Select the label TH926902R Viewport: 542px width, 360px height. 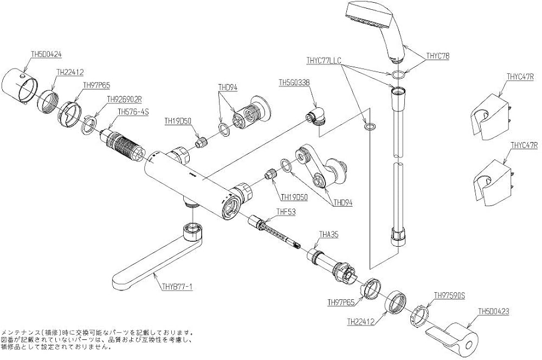[x=124, y=99]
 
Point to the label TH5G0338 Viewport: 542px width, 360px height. [x=294, y=82]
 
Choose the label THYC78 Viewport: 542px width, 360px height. [x=437, y=55]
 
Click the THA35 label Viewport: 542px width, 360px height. [x=329, y=234]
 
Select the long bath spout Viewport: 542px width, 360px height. [x=152, y=260]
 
